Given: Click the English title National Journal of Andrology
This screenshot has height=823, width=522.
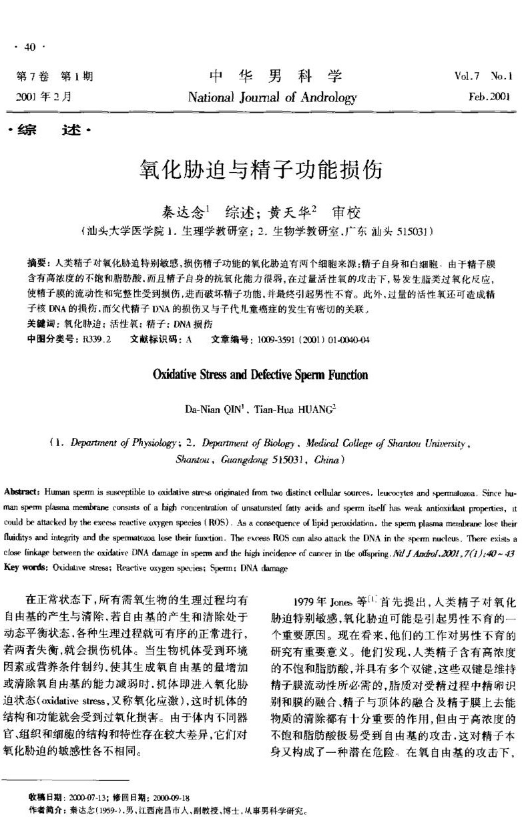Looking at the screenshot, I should pyautogui.click(x=272, y=97).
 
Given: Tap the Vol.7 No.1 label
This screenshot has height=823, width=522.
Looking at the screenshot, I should pyautogui.click(x=478, y=76).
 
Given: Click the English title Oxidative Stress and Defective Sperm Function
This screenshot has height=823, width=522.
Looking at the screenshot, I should pyautogui.click(x=260, y=375).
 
